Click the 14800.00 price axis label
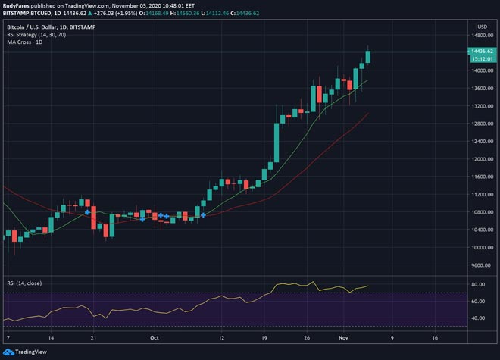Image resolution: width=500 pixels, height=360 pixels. tap(480, 35)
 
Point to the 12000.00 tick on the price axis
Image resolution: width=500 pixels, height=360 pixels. tap(480, 159)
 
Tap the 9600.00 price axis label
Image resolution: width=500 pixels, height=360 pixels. tap(480, 265)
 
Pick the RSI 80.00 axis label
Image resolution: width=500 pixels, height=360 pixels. tap(477, 284)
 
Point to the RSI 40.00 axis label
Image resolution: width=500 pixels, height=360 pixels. tap(477, 318)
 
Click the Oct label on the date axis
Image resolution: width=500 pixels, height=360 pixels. tap(155, 337)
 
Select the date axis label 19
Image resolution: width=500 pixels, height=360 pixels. tap(264, 337)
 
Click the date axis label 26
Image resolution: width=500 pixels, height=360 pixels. tap(307, 337)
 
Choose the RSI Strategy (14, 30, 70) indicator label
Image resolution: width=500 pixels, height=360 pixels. tap(33, 33)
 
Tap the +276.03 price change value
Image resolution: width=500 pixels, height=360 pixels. tap(99, 13)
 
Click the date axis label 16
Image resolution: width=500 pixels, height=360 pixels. tap(436, 337)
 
